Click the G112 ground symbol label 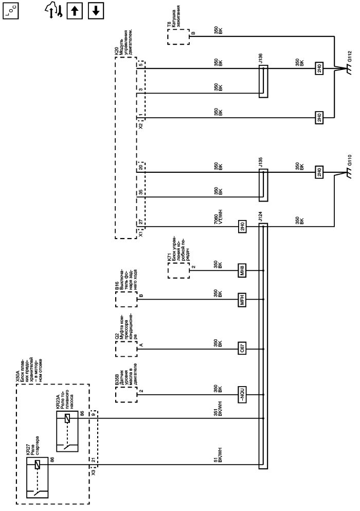coord(350,60)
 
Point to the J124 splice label coord(261,218)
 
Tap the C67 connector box coord(242,347)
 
